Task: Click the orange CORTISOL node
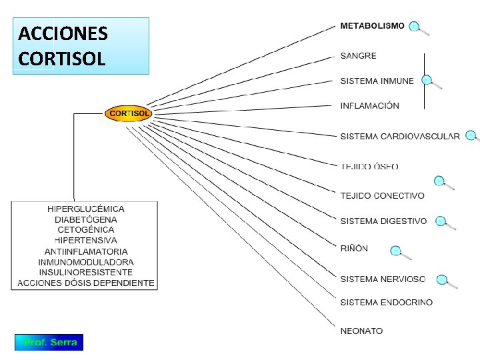coord(129,113)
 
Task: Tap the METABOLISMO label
coord(372,26)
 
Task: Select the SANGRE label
coord(358,56)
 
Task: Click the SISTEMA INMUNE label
coord(377,81)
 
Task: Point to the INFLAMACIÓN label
coord(369,106)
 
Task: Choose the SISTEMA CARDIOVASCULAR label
coord(399,137)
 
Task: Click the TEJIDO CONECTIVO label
coord(382,196)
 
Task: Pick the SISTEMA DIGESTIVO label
coord(383,221)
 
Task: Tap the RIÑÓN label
coord(354,249)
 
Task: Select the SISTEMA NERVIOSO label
coord(383,279)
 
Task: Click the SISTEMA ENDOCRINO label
coord(386,303)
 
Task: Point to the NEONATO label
coord(361,331)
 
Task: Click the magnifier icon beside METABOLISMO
coord(418,28)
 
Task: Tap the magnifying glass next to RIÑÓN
coord(400,253)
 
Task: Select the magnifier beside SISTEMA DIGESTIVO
coord(445,223)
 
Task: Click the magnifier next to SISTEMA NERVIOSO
coord(445,281)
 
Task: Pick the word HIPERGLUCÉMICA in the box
coord(85,209)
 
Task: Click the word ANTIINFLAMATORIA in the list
coord(86,251)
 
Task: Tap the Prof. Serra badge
coord(49,343)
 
